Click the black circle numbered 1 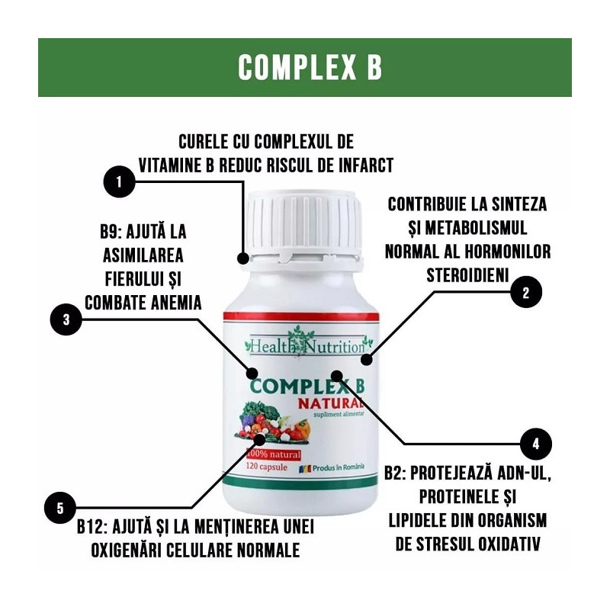(x=120, y=181)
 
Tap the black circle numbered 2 (x=526, y=292)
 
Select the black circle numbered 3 (x=66, y=319)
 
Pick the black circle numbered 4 (x=536, y=444)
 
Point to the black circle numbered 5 (x=60, y=508)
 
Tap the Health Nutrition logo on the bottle (x=308, y=343)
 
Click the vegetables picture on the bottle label (x=273, y=423)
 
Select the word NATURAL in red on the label (x=331, y=404)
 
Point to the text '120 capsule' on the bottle (x=266, y=467)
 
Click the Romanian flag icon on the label (x=304, y=469)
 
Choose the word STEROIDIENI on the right (x=467, y=275)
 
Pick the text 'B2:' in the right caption (x=396, y=473)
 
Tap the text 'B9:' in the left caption (x=111, y=232)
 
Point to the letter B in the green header (x=374, y=67)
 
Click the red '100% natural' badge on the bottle (x=274, y=454)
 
